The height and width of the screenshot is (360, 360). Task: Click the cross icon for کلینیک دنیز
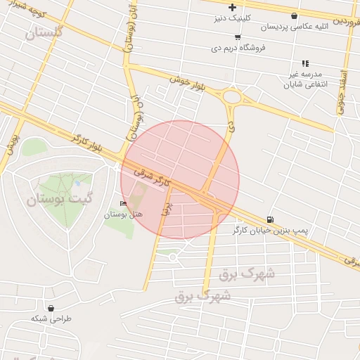pyautogui.click(x=232, y=8)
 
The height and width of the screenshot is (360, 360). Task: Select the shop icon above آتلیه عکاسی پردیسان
pyautogui.click(x=294, y=15)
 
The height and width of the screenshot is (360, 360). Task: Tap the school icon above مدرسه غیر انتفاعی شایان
pyautogui.click(x=305, y=63)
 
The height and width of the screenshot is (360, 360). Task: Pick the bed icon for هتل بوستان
pyautogui.click(x=124, y=205)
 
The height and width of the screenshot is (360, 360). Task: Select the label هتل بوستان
pyautogui.click(x=123, y=214)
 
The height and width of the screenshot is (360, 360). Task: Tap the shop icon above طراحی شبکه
pyautogui.click(x=51, y=308)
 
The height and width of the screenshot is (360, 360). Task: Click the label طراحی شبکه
pyautogui.click(x=51, y=319)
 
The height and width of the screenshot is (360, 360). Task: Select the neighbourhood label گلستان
pyautogui.click(x=43, y=32)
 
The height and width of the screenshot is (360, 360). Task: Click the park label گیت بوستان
pyautogui.click(x=60, y=199)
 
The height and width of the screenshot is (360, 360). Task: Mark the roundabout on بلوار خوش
pyautogui.click(x=233, y=98)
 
